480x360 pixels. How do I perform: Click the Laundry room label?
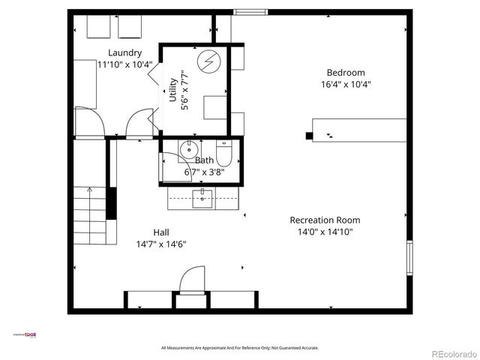[x=124, y=52]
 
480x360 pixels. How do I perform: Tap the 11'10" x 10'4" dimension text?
[x=124, y=64]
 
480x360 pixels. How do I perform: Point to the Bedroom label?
[x=346, y=73]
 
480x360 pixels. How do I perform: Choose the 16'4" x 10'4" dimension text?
[x=346, y=85]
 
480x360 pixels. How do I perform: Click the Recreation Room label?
[x=325, y=220]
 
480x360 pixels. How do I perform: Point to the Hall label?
[x=160, y=232]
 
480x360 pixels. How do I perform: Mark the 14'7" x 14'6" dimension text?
[x=160, y=244]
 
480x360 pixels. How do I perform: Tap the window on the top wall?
[x=250, y=12]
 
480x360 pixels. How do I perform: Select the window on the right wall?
[x=409, y=257]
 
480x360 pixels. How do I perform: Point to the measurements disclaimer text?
[x=240, y=348]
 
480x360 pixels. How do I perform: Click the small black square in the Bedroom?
[x=308, y=136]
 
